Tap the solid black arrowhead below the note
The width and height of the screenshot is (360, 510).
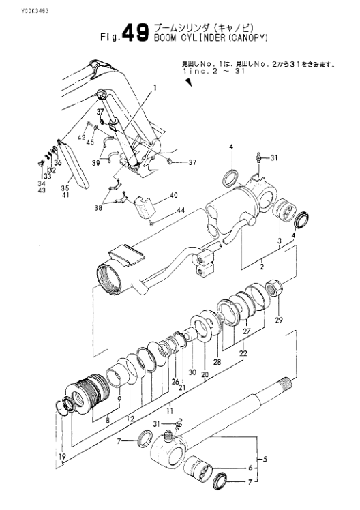[188, 82]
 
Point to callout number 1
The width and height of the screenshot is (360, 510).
[155, 88]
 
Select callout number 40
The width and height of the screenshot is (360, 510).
[173, 195]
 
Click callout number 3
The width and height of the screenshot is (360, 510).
[279, 241]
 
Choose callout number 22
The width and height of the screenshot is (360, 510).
[243, 353]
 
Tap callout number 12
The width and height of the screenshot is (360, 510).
[130, 418]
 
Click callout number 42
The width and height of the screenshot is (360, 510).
[81, 138]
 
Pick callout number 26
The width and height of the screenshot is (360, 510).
[175, 381]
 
